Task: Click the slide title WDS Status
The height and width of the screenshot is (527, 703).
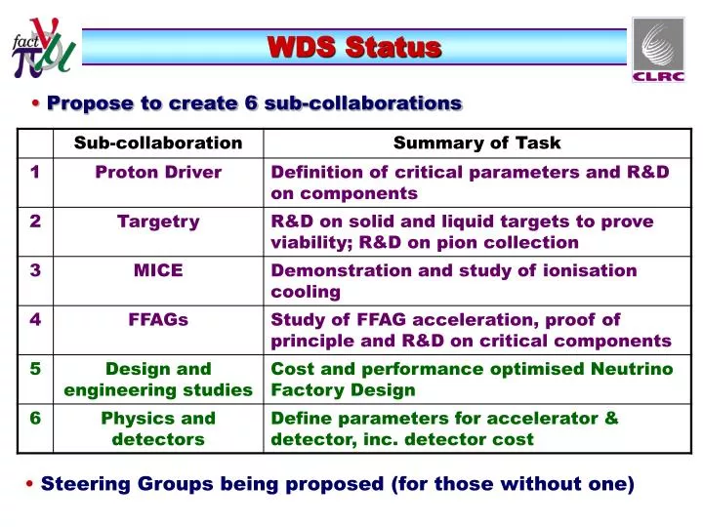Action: click(354, 47)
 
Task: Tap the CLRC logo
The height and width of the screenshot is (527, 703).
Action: click(658, 50)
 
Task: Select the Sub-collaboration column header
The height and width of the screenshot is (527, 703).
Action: click(158, 143)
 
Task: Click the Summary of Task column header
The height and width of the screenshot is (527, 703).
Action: click(476, 143)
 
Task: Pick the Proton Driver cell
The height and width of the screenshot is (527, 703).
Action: click(158, 173)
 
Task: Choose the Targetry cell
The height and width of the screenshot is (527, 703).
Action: click(158, 222)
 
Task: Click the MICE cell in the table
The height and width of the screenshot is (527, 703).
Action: click(158, 270)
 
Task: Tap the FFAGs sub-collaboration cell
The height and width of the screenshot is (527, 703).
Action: click(158, 319)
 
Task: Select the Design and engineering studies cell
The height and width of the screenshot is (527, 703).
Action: click(158, 380)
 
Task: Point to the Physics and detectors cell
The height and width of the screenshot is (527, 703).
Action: click(158, 428)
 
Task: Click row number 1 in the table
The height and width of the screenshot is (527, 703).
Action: click(35, 173)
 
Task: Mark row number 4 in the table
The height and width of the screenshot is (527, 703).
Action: click(35, 319)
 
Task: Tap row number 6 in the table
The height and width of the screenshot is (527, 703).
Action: click(35, 419)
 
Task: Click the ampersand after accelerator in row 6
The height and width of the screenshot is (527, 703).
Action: click(611, 419)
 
